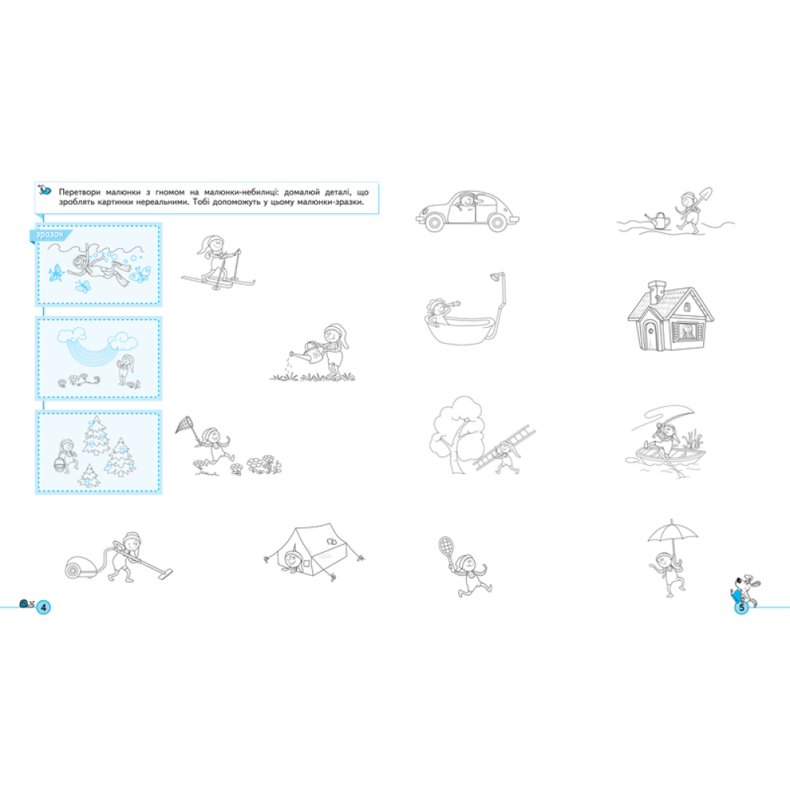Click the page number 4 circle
click(x=43, y=607)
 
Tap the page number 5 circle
click(x=741, y=608)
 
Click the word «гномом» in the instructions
click(x=170, y=192)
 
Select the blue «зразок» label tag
click(x=51, y=235)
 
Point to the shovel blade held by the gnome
click(x=705, y=194)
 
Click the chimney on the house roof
click(x=656, y=292)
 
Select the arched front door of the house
click(x=650, y=334)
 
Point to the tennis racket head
click(x=446, y=546)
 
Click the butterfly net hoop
click(x=184, y=424)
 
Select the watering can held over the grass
click(x=311, y=352)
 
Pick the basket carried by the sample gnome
click(x=60, y=465)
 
